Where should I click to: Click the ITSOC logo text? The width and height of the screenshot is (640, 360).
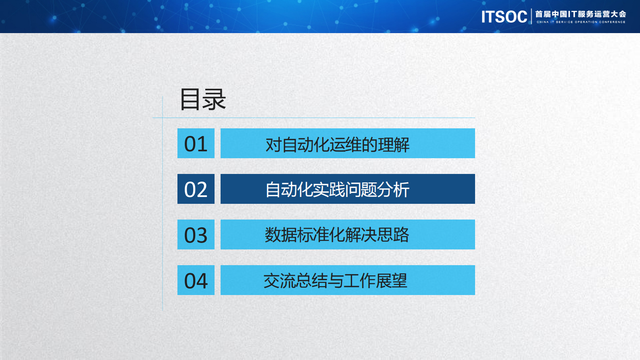tap(504, 17)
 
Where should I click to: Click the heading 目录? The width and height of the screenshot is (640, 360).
tap(202, 99)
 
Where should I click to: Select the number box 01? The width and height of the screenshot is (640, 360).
tap(196, 144)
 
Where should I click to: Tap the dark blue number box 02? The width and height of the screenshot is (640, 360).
tap(196, 189)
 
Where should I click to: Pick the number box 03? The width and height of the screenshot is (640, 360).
tap(196, 235)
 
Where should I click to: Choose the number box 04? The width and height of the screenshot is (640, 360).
tap(196, 280)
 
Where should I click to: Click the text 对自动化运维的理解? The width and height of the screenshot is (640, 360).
tap(337, 144)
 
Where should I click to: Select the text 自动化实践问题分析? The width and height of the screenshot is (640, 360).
tap(337, 190)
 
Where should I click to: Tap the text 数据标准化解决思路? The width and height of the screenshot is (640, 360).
tap(337, 235)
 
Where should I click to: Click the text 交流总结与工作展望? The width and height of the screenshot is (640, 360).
tap(336, 280)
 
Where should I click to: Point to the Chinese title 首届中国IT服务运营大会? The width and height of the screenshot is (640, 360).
tap(580, 14)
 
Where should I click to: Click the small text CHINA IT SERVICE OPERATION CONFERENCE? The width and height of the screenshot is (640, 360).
tap(581, 22)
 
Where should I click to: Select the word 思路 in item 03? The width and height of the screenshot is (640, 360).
tap(394, 235)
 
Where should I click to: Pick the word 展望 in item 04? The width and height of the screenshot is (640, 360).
tap(392, 280)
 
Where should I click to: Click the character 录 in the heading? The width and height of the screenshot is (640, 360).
tap(215, 99)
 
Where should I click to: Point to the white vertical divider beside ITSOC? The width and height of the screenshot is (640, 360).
tap(532, 17)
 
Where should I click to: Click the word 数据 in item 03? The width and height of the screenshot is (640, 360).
tap(281, 235)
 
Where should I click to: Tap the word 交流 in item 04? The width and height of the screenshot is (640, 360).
tap(279, 280)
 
